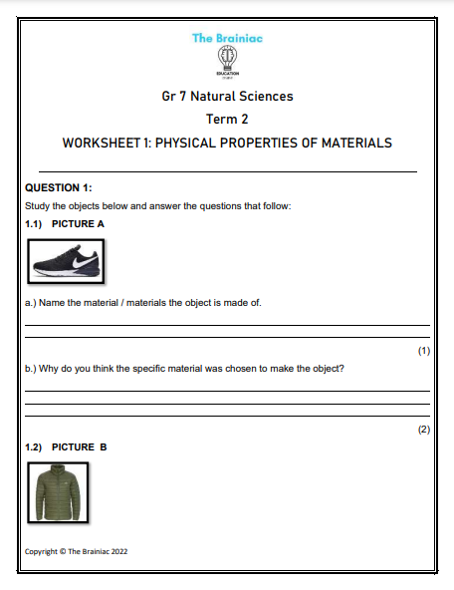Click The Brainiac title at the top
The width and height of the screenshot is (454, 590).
click(227, 38)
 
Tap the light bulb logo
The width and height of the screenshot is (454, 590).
click(227, 57)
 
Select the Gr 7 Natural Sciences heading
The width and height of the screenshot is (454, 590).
click(227, 97)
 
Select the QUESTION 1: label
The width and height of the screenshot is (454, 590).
click(58, 187)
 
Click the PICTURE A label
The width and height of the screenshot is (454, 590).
click(78, 224)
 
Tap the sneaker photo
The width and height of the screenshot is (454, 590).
click(66, 262)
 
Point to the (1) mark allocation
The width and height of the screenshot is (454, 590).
click(423, 351)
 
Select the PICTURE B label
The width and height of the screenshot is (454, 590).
click(79, 447)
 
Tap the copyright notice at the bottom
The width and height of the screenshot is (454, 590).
click(77, 550)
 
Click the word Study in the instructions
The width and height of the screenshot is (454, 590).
click(37, 206)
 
